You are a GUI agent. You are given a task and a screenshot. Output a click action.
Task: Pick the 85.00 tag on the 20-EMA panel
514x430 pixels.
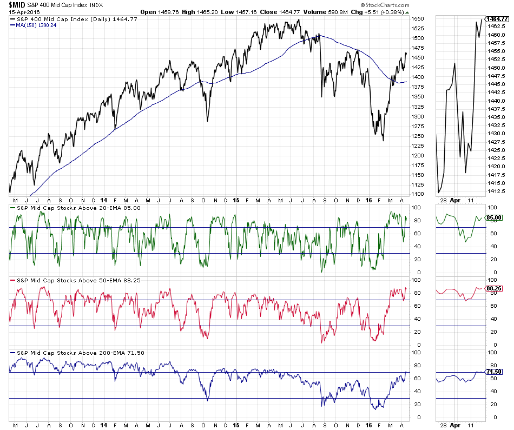495,217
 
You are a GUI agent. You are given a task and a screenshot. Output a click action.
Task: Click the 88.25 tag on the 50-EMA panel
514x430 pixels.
495,289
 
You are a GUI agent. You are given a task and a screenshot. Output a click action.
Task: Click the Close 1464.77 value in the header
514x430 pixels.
269,11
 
